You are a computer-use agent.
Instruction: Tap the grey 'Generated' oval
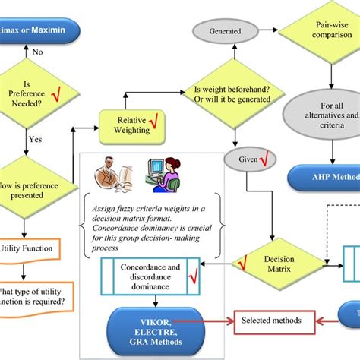[219, 32]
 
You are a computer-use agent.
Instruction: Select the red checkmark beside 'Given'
[265, 160]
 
